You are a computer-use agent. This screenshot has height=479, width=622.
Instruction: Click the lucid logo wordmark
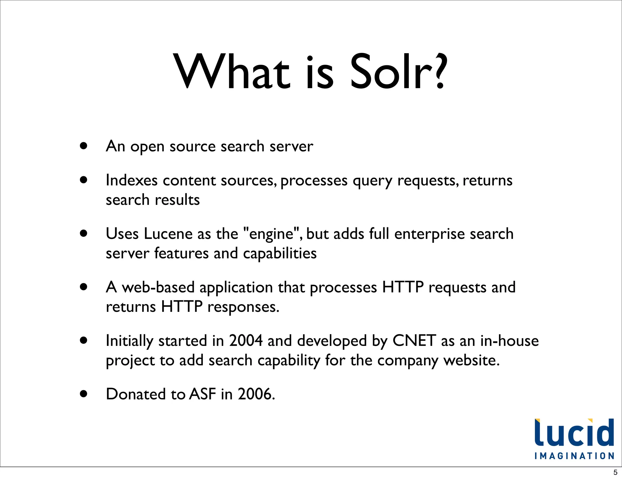click(x=574, y=433)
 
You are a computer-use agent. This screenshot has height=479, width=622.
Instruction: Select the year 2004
click(x=246, y=341)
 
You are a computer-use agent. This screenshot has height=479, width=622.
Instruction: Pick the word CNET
click(x=414, y=341)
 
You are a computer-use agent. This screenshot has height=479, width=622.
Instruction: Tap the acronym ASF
click(x=202, y=394)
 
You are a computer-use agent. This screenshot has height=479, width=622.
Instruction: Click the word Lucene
click(x=168, y=234)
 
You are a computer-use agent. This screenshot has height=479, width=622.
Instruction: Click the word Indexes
click(x=132, y=180)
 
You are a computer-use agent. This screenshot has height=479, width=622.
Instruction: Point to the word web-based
click(x=158, y=287)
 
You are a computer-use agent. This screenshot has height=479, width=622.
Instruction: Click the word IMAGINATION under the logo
click(x=574, y=456)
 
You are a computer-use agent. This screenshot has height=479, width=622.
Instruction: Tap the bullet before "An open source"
click(x=84, y=146)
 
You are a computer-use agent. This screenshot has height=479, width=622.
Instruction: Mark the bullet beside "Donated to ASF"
click(x=84, y=394)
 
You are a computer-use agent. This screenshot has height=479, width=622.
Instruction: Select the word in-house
click(x=509, y=341)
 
